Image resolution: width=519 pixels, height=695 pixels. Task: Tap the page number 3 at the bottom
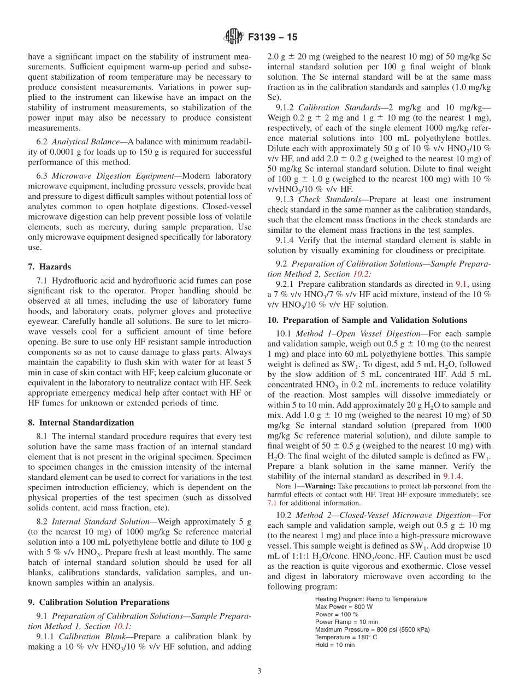(x=259, y=671)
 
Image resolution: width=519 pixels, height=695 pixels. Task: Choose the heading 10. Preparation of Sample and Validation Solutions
(x=367, y=320)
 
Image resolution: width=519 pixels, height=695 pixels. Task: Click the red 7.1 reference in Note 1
(x=272, y=502)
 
